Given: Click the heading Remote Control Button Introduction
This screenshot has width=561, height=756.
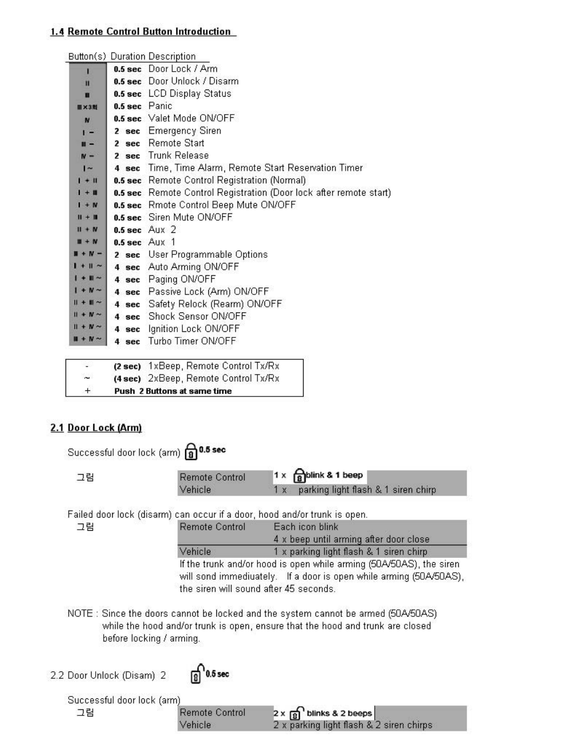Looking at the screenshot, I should click(149, 32).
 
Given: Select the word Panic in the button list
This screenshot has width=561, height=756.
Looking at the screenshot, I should click(160, 106).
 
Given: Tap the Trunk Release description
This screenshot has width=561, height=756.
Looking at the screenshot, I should click(178, 156).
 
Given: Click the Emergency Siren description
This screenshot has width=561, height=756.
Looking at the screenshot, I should click(184, 131).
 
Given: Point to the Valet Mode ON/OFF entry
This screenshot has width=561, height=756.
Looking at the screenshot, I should click(191, 118).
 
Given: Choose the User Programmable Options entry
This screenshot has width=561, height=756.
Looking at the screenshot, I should click(208, 255).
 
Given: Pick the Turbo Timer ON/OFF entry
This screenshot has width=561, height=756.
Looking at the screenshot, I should click(192, 341).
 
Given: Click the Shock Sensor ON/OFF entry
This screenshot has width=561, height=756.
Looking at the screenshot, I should click(197, 316).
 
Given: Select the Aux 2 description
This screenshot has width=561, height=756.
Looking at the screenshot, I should click(162, 230).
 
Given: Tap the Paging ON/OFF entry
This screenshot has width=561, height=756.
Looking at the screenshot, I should click(181, 279).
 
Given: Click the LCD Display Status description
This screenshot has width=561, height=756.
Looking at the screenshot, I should click(190, 93).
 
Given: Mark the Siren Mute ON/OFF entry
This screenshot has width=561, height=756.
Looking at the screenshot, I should click(190, 217).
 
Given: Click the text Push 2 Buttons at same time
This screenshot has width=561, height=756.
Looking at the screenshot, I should click(173, 391).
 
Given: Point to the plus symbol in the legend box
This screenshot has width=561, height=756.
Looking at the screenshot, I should click(87, 391).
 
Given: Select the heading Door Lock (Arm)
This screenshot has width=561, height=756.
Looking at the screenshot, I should click(105, 428).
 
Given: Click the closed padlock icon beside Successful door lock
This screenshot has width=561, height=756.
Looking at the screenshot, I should click(190, 452).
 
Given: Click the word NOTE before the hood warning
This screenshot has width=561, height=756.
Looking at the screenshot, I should click(80, 614).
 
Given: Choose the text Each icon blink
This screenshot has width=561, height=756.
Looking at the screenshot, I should click(305, 527).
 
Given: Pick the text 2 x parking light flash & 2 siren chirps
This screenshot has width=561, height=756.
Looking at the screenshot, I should click(353, 725).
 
